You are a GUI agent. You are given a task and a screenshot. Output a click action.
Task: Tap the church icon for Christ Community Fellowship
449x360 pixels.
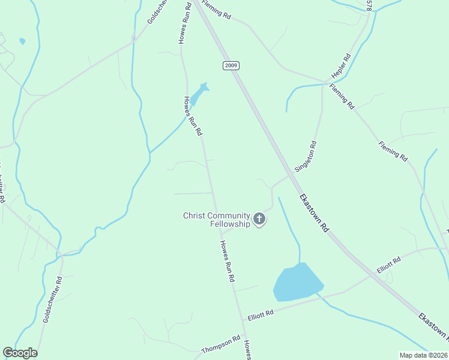point(259,219)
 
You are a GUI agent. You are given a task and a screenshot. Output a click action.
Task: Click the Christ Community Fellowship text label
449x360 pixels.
point(216,220)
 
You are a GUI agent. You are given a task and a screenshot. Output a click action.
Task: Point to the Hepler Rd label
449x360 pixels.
point(341,68)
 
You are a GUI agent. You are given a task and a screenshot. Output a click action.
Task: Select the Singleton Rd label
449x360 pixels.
point(306,156)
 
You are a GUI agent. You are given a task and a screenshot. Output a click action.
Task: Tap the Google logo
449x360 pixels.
point(20,353)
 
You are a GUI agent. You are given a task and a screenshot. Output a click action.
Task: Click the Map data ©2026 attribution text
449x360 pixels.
point(423,355)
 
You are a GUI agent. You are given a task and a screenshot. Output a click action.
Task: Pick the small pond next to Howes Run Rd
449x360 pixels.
point(202,92)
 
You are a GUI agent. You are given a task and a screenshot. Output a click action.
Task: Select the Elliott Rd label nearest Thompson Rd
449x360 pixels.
point(261,314)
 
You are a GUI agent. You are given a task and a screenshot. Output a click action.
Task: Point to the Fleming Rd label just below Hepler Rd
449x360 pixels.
point(342,96)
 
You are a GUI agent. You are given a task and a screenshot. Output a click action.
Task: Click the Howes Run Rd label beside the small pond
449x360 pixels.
point(192,116)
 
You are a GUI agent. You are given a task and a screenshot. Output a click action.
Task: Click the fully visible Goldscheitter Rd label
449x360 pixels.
point(52,299)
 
